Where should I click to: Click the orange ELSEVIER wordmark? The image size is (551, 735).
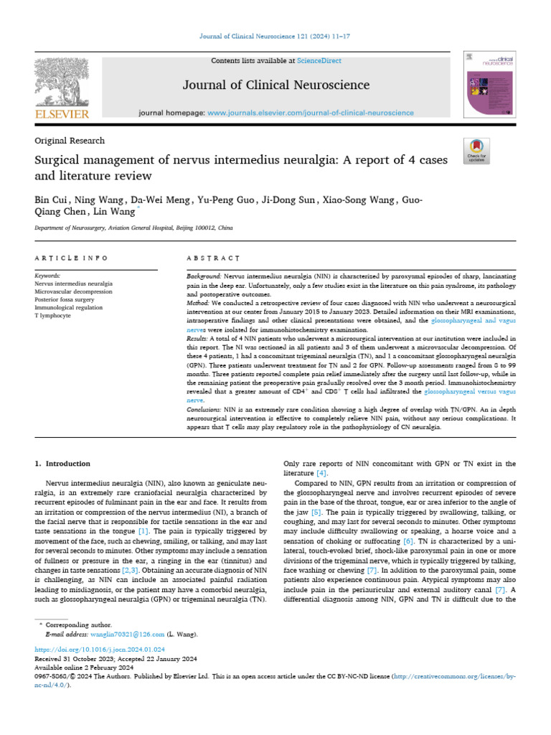coord(62,114)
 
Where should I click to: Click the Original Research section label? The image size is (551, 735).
coord(70,141)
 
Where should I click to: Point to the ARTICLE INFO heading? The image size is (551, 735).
coord(72,258)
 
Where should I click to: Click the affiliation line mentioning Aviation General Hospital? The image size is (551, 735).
coord(134,228)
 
